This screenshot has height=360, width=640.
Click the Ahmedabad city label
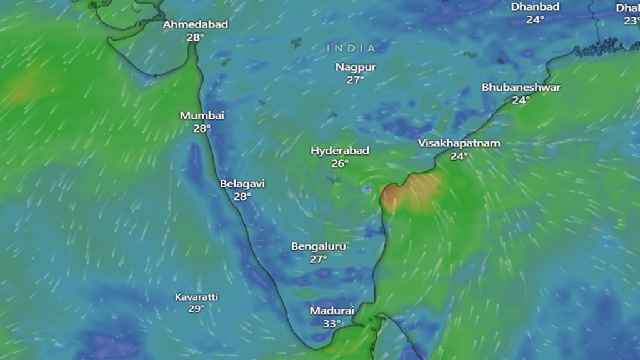point(196,25)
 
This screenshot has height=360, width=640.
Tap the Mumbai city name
point(202,116)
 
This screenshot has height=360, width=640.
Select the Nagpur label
point(355,67)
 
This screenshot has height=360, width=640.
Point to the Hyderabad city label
point(340,151)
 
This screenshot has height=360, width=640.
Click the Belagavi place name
point(242,184)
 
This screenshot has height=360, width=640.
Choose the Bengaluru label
point(319,246)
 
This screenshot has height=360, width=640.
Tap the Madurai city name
point(332,311)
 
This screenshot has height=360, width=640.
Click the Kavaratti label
point(197,297)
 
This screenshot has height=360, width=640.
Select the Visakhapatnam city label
point(459,143)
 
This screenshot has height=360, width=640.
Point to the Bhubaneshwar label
point(521,87)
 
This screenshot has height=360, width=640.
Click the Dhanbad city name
point(535,7)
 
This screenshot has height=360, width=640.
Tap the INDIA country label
point(351,48)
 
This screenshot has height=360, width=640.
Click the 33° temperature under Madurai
point(332,323)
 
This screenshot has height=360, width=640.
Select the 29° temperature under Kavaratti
point(197,309)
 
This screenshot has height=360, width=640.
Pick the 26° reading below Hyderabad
point(340,164)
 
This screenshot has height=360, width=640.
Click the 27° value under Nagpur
point(355,79)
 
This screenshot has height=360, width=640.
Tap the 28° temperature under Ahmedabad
point(196,37)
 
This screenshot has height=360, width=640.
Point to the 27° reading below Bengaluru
point(319,259)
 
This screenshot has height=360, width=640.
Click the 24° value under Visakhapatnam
point(459,156)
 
